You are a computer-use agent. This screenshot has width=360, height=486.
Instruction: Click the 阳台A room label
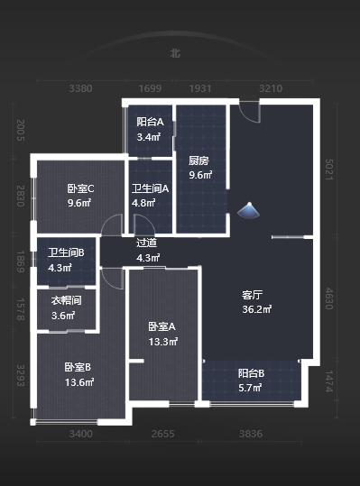pyautogui.click(x=150, y=122)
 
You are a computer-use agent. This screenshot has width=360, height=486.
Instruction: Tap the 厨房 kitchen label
pyautogui.click(x=199, y=161)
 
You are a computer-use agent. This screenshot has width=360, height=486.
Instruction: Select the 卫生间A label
pyautogui.click(x=151, y=188)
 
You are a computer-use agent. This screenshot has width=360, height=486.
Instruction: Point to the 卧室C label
pyautogui.click(x=80, y=188)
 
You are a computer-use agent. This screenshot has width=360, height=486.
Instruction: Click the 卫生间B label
pyautogui.click(x=66, y=253)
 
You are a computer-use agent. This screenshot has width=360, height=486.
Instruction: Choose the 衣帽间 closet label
pyautogui.click(x=66, y=300)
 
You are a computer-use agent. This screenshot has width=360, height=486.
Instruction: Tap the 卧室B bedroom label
pyautogui.click(x=78, y=367)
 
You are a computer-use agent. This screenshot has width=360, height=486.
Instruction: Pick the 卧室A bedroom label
pyautogui.click(x=162, y=326)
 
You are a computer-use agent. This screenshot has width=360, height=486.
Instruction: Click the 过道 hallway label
pyautogui.click(x=146, y=243)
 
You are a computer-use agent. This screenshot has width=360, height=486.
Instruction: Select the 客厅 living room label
pyautogui.click(x=253, y=295)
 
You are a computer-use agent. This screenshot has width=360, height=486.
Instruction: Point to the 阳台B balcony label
pyautogui.click(x=251, y=372)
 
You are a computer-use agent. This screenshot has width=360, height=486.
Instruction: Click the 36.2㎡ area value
pyautogui.click(x=256, y=309)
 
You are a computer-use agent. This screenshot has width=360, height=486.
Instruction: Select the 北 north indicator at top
pyautogui.click(x=175, y=53)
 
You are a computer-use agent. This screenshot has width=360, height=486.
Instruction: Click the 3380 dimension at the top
pyautogui.click(x=81, y=88)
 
